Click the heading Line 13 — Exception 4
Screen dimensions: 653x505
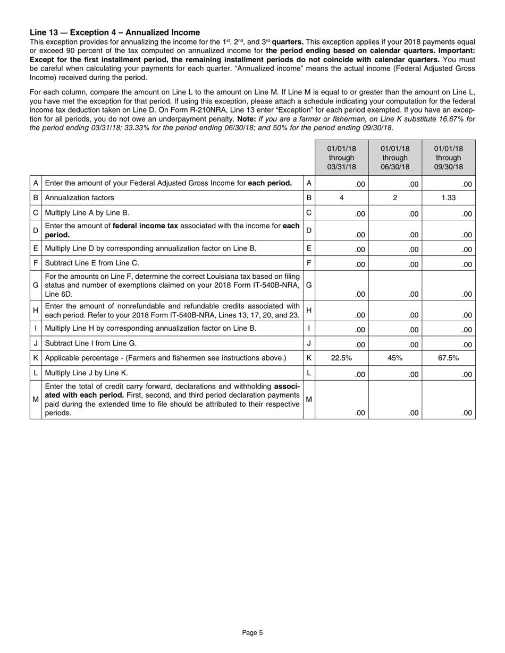click(x=115, y=32)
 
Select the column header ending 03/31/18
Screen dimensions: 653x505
click(x=341, y=158)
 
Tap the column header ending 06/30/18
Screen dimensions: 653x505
click(x=395, y=158)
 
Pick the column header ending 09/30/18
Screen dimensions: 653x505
click(x=449, y=158)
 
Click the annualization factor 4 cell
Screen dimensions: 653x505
click(x=341, y=197)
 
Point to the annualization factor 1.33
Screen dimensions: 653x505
click(x=449, y=197)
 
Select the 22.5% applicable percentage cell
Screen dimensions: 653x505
click(x=341, y=358)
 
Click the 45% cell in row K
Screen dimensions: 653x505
click(x=395, y=358)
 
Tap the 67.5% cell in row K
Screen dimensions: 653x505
click(x=449, y=358)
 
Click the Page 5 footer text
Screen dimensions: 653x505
click(x=252, y=632)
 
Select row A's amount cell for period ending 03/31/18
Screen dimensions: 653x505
click(x=341, y=184)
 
